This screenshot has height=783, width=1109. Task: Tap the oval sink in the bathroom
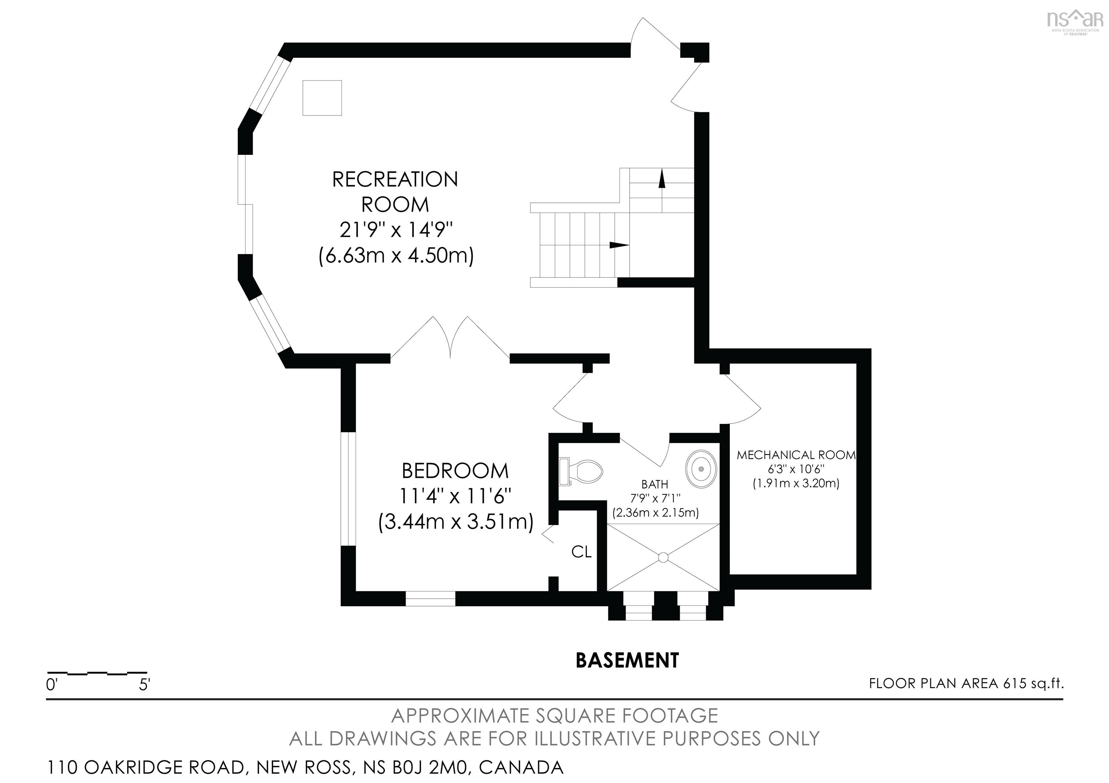701,468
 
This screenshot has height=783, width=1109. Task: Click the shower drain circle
663,557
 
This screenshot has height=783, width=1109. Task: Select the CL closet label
582,552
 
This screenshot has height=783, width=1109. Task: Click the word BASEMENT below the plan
627,660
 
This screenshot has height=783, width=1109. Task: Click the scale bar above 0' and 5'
97,673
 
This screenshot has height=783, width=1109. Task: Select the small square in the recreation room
322,98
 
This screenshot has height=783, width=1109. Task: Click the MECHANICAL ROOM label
796,455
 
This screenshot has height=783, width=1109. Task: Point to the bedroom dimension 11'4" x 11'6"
456,496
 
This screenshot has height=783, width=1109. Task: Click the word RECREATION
395,180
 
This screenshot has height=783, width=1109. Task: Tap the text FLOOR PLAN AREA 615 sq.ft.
966,683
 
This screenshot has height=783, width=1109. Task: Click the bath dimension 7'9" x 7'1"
656,498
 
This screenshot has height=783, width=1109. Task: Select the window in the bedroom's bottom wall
430,599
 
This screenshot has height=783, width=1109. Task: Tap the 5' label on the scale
144,684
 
